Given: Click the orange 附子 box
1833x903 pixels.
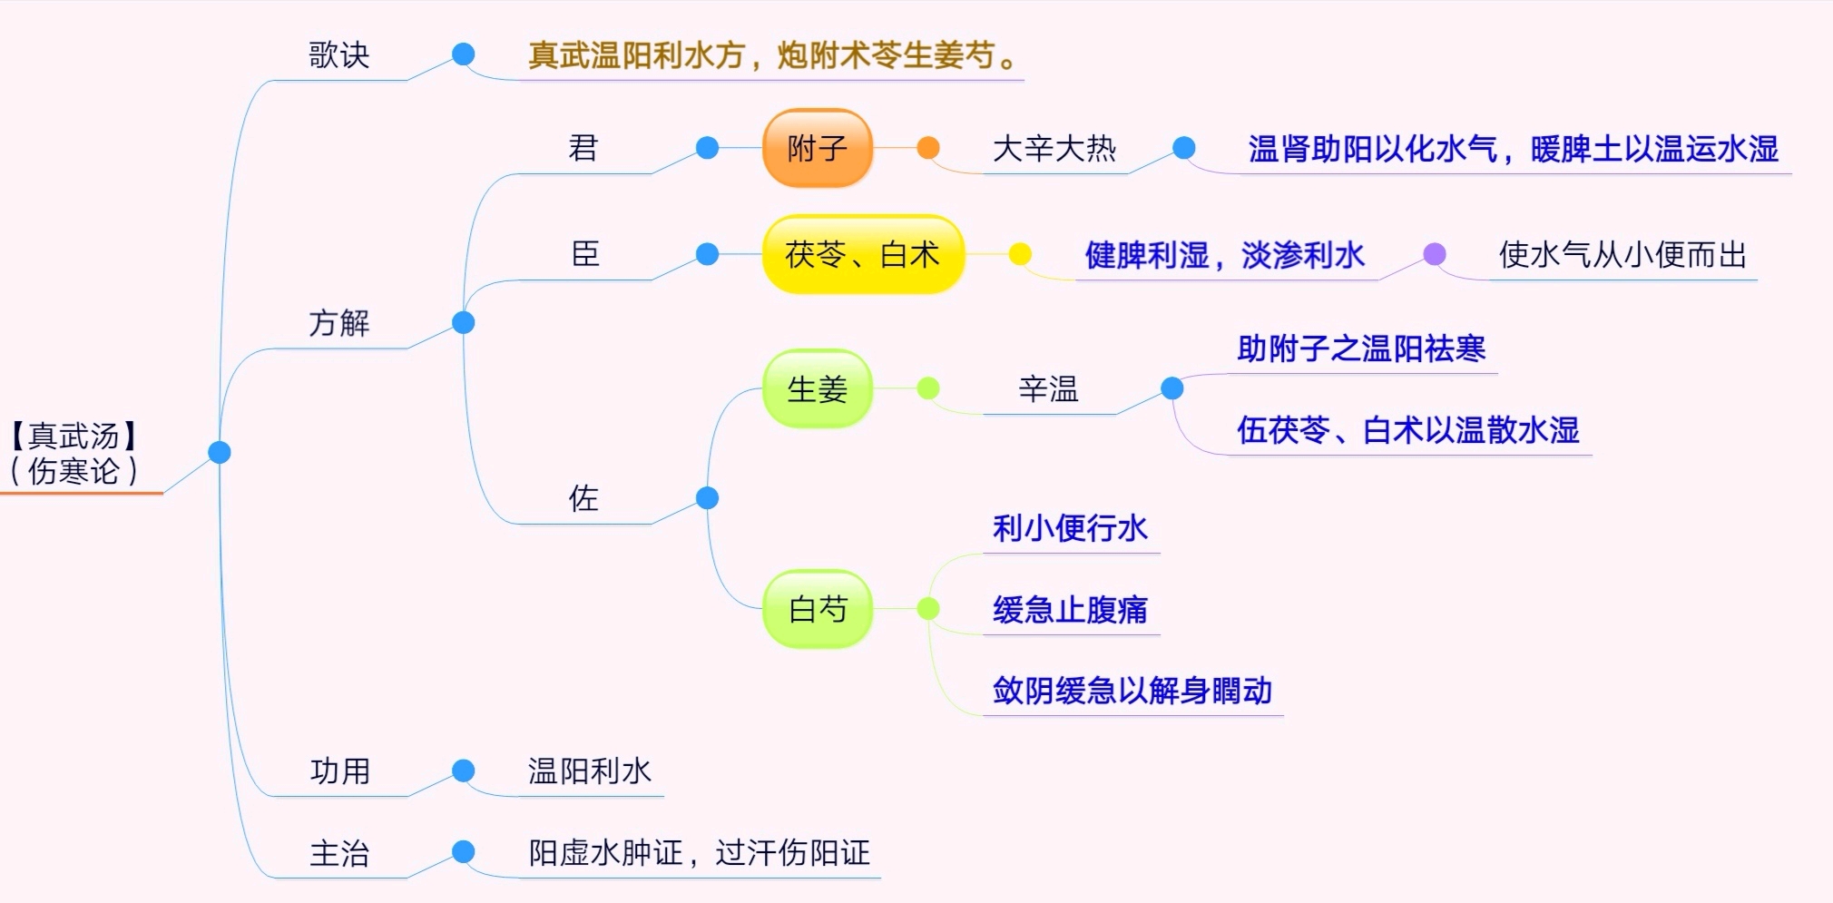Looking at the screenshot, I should [818, 148].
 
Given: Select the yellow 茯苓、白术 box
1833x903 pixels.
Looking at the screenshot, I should [862, 254].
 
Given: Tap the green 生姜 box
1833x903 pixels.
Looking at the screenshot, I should [817, 389].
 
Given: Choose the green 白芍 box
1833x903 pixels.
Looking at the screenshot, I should [817, 609].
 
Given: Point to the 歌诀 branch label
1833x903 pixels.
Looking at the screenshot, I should [338, 55].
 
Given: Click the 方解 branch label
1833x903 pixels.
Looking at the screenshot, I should [338, 323].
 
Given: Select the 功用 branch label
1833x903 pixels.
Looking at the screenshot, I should [339, 771].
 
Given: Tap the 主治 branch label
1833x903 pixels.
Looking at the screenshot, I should [339, 853].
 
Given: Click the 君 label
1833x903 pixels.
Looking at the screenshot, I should [583, 148].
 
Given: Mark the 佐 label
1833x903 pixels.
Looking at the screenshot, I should [583, 498].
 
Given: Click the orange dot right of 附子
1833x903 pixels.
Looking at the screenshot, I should [927, 148].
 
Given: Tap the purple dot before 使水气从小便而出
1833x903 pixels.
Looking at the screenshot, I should [1434, 254].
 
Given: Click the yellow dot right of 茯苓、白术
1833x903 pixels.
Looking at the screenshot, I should [1020, 254].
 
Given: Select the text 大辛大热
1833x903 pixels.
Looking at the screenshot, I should [1054, 149].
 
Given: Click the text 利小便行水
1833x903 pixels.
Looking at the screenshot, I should [1070, 528].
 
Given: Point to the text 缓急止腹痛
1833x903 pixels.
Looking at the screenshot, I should [1070, 610].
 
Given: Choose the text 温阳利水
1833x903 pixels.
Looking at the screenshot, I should [590, 771].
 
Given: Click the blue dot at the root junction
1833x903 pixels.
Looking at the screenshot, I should [220, 452].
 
